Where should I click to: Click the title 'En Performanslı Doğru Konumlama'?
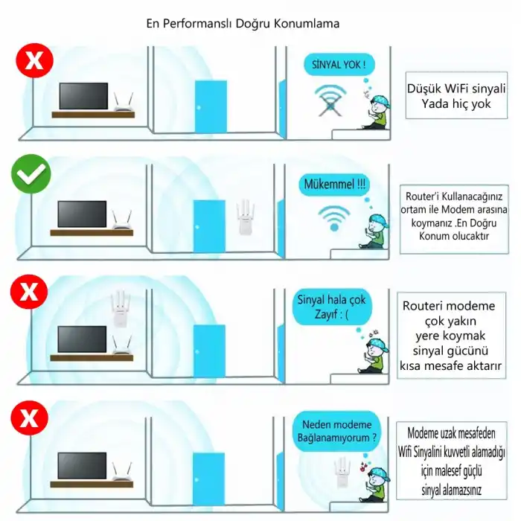(x=243, y=24)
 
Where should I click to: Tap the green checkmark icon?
(x=31, y=176)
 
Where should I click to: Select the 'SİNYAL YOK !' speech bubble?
(x=339, y=65)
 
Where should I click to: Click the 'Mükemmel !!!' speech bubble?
(x=335, y=184)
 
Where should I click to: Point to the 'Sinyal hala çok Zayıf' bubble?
(x=332, y=307)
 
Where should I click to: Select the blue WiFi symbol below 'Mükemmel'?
(x=333, y=217)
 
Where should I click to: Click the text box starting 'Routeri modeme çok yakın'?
(x=452, y=336)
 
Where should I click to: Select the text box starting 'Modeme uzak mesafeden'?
(x=456, y=461)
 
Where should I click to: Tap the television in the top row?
(x=82, y=97)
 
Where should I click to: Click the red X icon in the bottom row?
(x=29, y=417)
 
